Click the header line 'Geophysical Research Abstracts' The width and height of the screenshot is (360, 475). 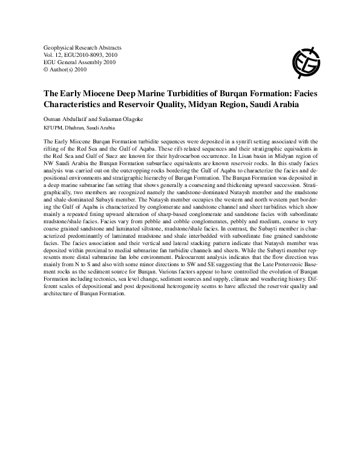[83, 47]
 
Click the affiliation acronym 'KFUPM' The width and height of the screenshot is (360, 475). [53, 128]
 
